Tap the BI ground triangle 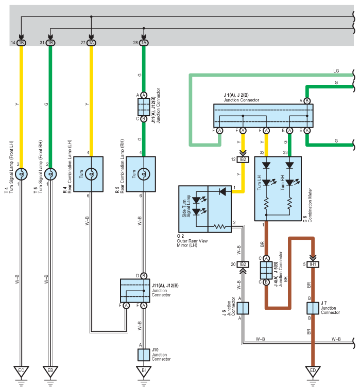[x=144, y=371]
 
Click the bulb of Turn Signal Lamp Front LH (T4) [x=21, y=174]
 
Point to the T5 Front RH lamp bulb [x=50, y=174]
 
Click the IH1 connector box [x=313, y=264]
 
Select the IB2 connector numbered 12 [x=243, y=159]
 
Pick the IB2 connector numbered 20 [x=243, y=264]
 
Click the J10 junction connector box [x=144, y=354]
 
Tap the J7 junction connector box [x=313, y=308]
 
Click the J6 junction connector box [x=243, y=308]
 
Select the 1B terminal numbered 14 [x=21, y=43]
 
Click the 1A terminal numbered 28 [x=144, y=43]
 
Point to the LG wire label [x=336, y=71]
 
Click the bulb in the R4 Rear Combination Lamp [x=91, y=174]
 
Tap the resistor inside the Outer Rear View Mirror [x=220, y=227]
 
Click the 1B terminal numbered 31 [x=50, y=43]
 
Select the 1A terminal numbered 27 [x=91, y=43]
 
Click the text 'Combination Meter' [x=310, y=205]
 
